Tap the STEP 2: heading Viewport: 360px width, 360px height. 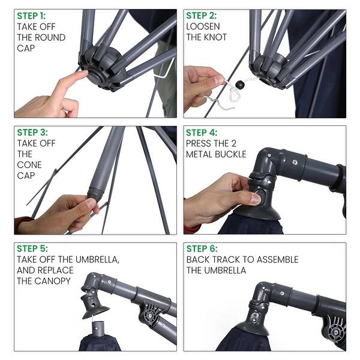[x=202, y=16]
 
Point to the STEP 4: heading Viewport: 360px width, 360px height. [x=202, y=132]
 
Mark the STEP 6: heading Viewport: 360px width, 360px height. [x=202, y=248]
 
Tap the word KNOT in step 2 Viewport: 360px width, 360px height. [x=217, y=37]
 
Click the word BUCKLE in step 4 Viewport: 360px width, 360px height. [x=230, y=154]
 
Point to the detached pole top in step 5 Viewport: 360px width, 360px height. [x=97, y=329]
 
